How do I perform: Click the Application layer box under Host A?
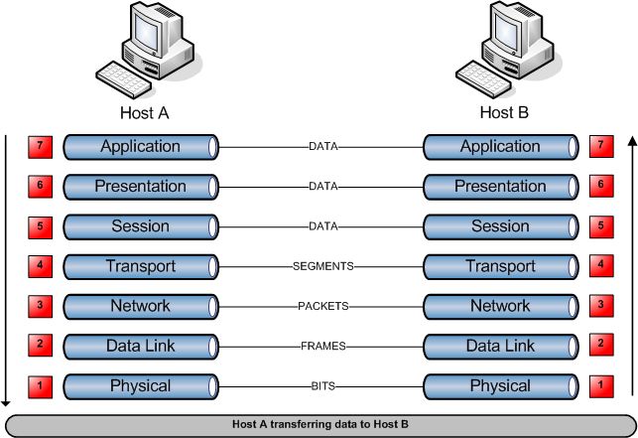(140, 147)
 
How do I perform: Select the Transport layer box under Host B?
(500, 266)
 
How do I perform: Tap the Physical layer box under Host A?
(140, 385)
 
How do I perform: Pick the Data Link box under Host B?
(500, 346)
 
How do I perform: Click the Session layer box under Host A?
(140, 226)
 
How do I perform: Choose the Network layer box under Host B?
(500, 306)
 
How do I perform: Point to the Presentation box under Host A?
(140, 187)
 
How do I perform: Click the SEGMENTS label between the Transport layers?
(322, 266)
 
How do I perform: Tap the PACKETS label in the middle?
(321, 306)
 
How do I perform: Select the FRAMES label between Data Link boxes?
(321, 346)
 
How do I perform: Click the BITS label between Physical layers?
(321, 385)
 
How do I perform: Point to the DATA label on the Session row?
(322, 226)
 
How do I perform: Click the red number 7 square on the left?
(39, 146)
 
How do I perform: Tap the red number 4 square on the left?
(39, 265)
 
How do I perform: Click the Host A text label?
(144, 112)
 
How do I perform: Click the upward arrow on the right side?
(632, 268)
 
